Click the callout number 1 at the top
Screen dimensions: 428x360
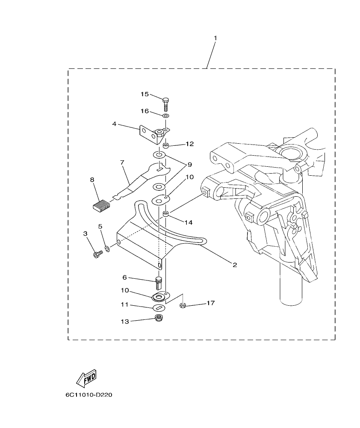pos(215,38)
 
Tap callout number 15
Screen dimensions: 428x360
pos(145,94)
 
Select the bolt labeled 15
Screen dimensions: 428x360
pos(166,104)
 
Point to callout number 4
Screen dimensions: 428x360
pos(115,124)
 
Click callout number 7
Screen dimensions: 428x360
pos(122,162)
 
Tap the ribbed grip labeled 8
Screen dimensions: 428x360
pos(101,205)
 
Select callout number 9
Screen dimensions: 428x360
pos(189,164)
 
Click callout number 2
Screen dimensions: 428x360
pos(235,265)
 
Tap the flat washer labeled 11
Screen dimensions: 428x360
pos(159,308)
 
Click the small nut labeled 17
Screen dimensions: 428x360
pos(182,305)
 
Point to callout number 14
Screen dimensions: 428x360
pos(189,222)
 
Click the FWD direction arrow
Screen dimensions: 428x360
pos(86,378)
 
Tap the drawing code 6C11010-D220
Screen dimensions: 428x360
pos(89,395)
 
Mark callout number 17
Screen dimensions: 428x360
pos(210,303)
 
